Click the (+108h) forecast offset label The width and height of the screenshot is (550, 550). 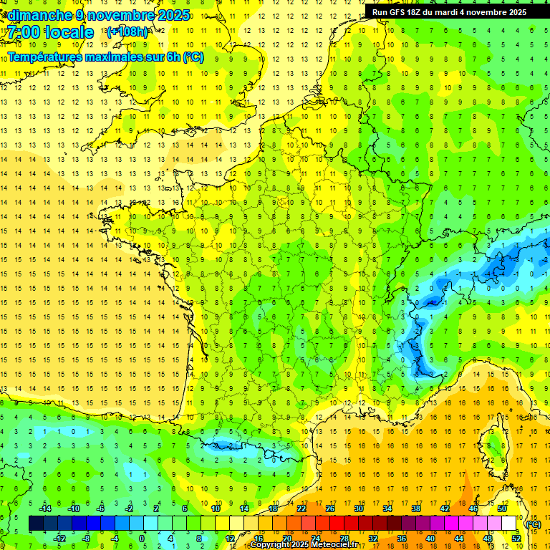[127, 32]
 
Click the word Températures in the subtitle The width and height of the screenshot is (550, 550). [41, 57]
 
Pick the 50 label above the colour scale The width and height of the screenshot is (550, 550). [501, 508]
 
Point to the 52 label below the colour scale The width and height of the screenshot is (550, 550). [516, 539]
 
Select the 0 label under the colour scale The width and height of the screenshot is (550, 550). [143, 539]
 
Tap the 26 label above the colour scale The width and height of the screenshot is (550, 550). [329, 508]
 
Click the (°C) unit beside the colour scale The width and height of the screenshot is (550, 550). [533, 524]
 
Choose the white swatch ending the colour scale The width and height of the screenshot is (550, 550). [509, 524]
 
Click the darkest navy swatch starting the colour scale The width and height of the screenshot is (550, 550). [36, 524]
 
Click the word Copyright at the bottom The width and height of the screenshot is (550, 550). [269, 545]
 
